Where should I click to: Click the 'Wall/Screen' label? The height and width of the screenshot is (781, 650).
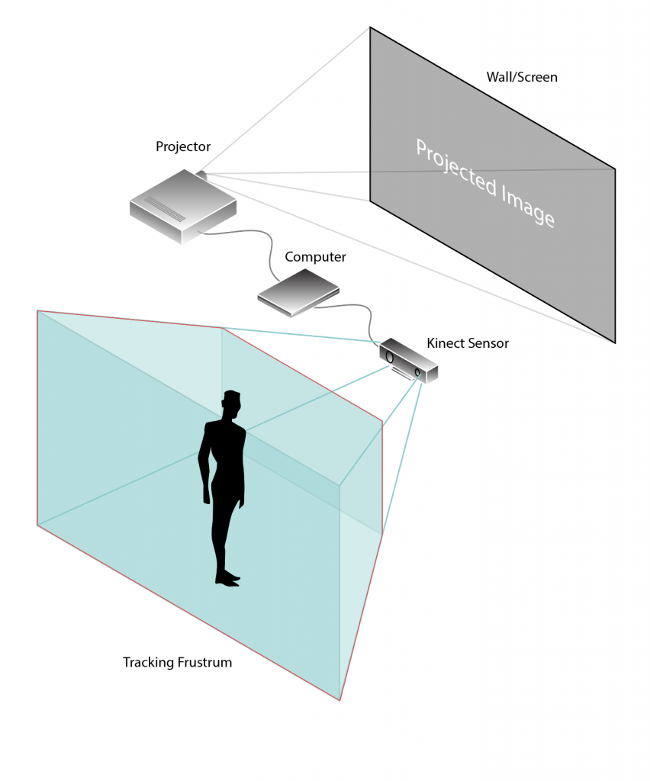(x=522, y=77)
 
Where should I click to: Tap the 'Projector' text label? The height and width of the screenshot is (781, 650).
(x=183, y=146)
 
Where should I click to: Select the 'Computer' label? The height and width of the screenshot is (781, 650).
(x=315, y=257)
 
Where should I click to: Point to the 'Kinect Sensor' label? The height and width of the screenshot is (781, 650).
(x=468, y=343)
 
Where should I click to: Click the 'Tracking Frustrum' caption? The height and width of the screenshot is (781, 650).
(x=177, y=663)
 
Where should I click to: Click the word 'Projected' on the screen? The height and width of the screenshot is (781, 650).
(x=456, y=168)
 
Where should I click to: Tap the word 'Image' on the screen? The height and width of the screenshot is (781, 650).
(x=528, y=206)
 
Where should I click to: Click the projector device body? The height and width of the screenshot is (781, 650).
(x=183, y=207)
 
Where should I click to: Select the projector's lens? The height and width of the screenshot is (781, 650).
(x=201, y=175)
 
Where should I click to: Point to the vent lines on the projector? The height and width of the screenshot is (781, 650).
(x=165, y=209)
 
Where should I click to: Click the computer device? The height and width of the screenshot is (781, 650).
(x=298, y=293)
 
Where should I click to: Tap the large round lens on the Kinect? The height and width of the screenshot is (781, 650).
(x=390, y=357)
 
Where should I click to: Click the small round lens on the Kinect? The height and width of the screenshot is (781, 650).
(x=417, y=372)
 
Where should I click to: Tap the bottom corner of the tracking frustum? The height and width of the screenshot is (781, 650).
(x=339, y=701)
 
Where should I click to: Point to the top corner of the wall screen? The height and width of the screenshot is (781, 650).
(x=369, y=27)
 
